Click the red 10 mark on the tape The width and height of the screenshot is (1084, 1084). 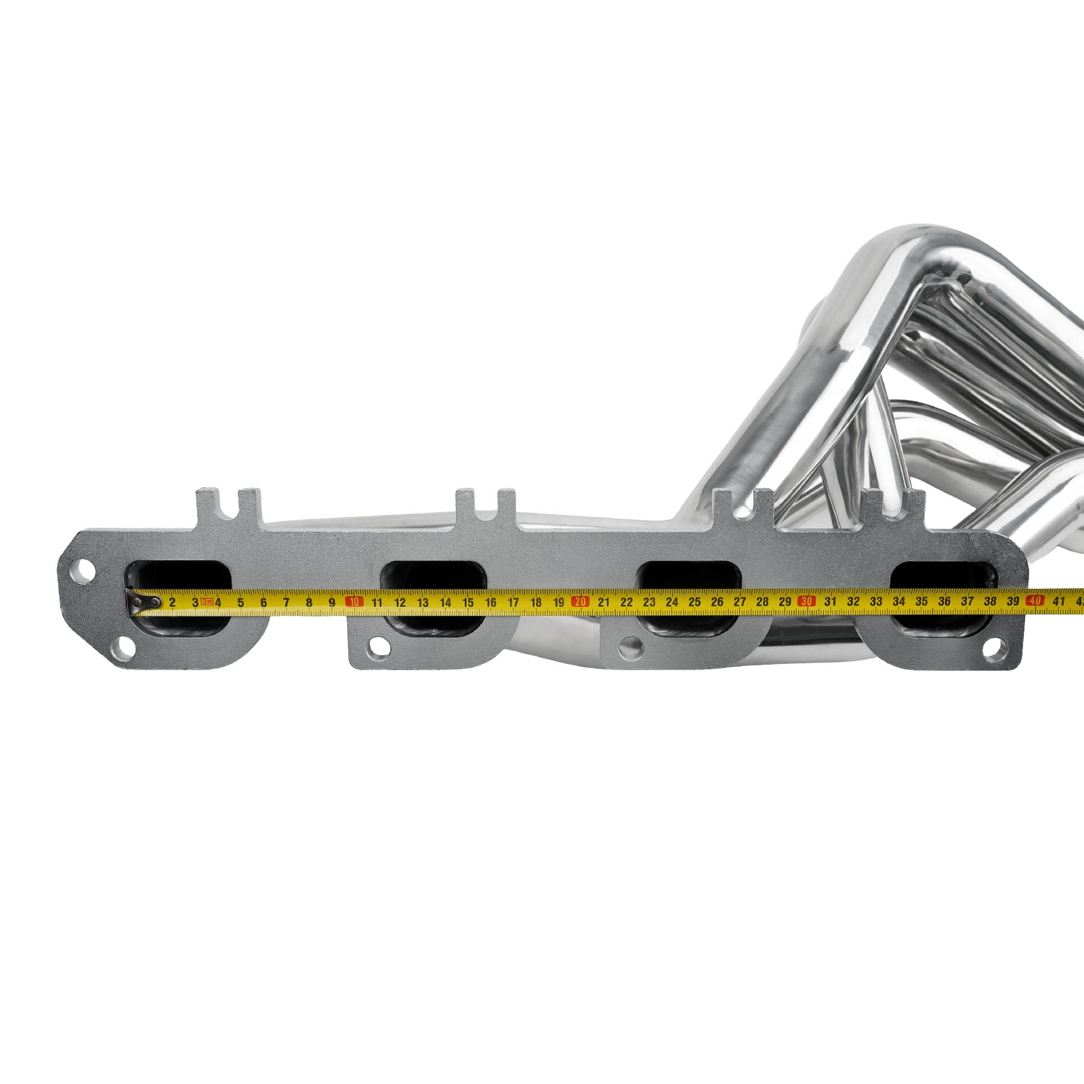click(x=354, y=602)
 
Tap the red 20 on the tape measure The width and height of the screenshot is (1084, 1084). click(x=580, y=601)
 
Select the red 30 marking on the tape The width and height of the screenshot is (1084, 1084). click(x=806, y=601)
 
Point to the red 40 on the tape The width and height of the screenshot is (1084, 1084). click(x=1035, y=600)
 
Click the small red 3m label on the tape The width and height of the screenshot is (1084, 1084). click(x=207, y=602)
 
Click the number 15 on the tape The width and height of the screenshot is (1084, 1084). click(x=467, y=602)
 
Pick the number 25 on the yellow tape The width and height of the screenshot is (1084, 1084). click(x=694, y=601)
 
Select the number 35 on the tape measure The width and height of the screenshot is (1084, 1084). click(x=921, y=601)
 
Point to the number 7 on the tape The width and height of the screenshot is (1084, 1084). click(x=286, y=602)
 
